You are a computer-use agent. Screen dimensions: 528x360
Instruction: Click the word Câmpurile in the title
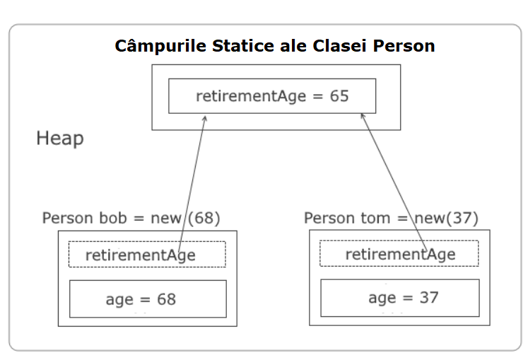tap(160, 46)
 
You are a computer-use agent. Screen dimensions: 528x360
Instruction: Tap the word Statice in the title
tap(243, 46)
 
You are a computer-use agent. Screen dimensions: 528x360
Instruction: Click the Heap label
tap(60, 139)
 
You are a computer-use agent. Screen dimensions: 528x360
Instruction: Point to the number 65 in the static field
tap(339, 96)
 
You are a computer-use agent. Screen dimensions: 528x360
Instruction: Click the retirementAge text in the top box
tap(251, 97)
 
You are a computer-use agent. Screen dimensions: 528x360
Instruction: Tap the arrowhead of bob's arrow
tap(205, 118)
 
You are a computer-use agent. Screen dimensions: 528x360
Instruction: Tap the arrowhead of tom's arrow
tap(363, 116)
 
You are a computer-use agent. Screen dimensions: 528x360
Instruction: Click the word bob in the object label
tap(113, 218)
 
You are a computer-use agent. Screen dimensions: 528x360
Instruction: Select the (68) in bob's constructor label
tap(204, 218)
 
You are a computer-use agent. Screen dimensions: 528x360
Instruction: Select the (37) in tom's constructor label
tap(462, 218)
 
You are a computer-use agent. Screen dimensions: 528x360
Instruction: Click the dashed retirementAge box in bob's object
tap(147, 242)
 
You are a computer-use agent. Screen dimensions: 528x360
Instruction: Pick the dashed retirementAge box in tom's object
tap(399, 241)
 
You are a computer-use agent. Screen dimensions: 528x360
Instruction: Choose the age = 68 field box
tap(148, 281)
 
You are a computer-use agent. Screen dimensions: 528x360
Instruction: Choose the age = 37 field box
tap(400, 280)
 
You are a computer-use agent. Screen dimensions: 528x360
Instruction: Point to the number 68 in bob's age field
tap(166, 299)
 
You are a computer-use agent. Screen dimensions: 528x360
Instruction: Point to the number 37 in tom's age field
tap(429, 298)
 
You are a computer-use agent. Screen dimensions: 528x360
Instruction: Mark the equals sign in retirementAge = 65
tap(317, 97)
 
